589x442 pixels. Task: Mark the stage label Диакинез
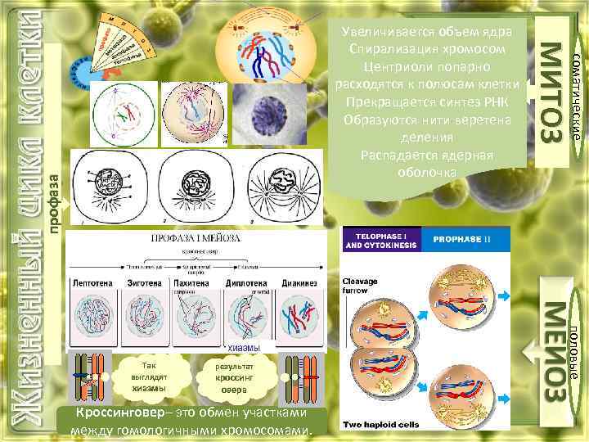click(297, 282)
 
